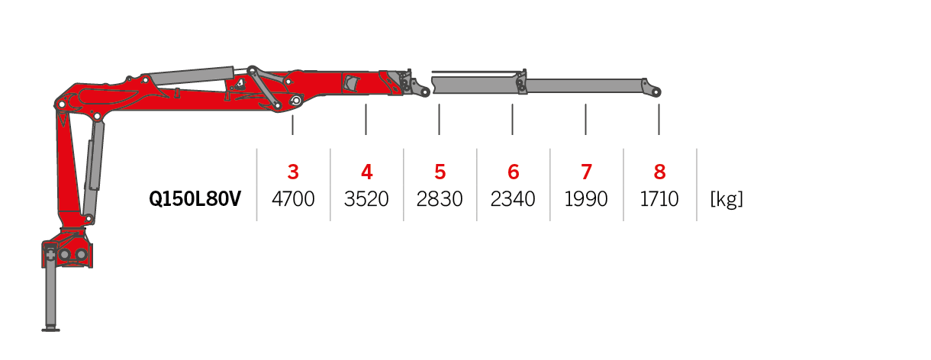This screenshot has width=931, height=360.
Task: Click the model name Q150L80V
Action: coord(195,199)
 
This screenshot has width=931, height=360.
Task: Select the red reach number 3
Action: coord(293,172)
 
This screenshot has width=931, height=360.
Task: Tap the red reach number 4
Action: coord(366,172)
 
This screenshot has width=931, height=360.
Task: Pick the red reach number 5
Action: coord(440,172)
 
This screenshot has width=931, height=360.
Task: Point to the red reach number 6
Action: coord(513,172)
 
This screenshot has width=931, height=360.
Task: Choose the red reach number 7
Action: coord(586,172)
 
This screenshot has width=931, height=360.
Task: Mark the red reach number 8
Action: coord(659,172)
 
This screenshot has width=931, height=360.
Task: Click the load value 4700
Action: coord(293,199)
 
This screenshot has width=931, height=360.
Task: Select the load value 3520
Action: coord(366,199)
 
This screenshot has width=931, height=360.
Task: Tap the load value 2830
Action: coord(440,199)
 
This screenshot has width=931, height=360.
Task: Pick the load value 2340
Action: coord(513,199)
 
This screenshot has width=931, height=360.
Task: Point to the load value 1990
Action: coord(586,199)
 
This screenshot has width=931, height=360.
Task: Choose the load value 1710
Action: coord(659,199)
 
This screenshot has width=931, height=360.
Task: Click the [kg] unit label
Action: coord(726,199)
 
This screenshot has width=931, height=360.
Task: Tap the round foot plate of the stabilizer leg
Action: coord(50,329)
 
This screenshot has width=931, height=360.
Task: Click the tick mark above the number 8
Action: coord(659,119)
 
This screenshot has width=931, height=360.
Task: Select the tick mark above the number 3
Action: coord(293,124)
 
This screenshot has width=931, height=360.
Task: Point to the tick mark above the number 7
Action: coord(585,119)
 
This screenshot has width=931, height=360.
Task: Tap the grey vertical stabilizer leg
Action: coord(50,294)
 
